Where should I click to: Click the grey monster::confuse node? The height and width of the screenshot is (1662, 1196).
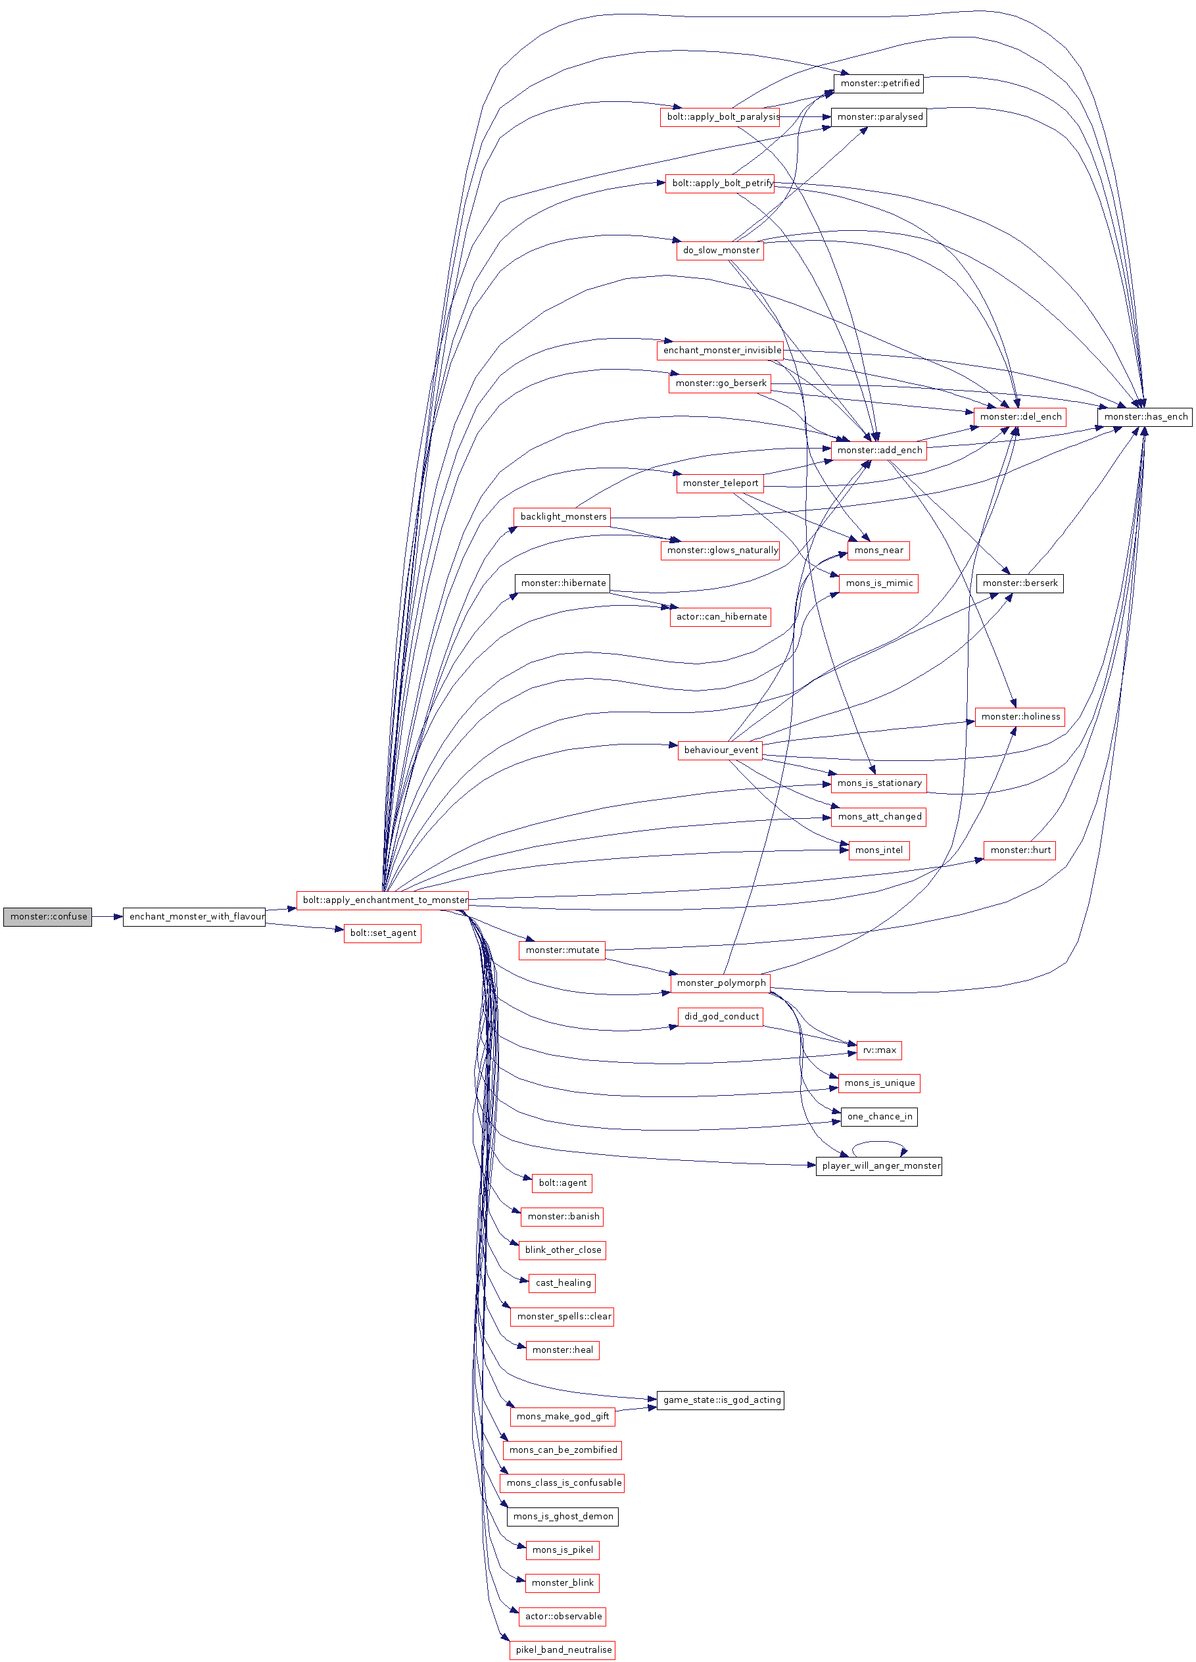[47, 916]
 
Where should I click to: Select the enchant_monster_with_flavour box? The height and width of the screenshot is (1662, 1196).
[194, 916]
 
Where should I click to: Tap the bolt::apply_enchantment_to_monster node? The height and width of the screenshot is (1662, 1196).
[382, 900]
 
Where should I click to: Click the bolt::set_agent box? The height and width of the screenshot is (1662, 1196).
[382, 933]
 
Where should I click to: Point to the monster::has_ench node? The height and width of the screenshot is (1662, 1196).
[1145, 416]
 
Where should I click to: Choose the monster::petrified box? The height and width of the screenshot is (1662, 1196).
[879, 84]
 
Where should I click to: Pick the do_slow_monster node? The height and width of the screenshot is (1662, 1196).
[720, 250]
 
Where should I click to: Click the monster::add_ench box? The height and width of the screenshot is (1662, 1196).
[879, 450]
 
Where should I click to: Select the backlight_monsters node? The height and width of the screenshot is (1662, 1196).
[562, 517]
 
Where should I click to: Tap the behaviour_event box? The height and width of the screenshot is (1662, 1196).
[721, 750]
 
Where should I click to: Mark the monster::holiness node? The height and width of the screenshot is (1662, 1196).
[1020, 717]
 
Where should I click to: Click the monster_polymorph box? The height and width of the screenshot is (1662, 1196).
[721, 983]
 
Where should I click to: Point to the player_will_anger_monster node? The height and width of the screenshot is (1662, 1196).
[879, 1166]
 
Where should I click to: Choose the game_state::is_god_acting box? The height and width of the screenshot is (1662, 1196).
[721, 1400]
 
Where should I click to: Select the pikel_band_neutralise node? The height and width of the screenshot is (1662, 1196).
[562, 1650]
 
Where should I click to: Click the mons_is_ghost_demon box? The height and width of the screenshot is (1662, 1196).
[562, 1516]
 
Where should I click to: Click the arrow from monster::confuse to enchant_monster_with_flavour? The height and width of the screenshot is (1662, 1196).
[108, 917]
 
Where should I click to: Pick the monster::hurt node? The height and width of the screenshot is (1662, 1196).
[1020, 850]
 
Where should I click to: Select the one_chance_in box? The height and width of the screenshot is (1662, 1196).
[879, 1117]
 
